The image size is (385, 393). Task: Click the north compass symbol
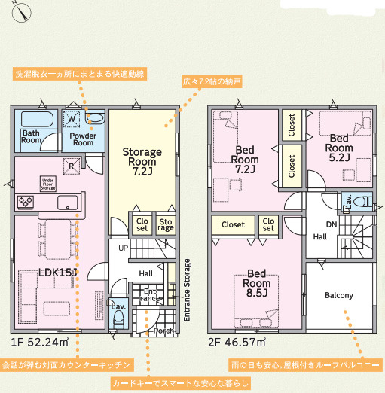tap(22, 12)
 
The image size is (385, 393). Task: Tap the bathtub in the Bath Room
tap(37, 119)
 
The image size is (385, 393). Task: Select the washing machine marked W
tap(72, 119)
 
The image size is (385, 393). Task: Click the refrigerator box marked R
tap(72, 166)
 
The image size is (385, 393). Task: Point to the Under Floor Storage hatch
tap(48, 184)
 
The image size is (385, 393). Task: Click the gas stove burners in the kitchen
tap(26, 202)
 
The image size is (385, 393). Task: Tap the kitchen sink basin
tap(67, 203)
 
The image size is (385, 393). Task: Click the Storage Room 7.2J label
tap(142, 161)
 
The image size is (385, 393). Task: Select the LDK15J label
tap(57, 272)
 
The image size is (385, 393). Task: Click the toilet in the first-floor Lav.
tap(119, 318)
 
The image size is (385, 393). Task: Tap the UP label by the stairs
tap(123, 248)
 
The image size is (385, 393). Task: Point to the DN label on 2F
tap(332, 224)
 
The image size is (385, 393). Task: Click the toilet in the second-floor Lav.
tap(362, 201)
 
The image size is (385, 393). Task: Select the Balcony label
tap(339, 295)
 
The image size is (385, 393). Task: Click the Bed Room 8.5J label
tap(257, 283)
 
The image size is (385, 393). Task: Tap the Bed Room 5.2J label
tap(339, 148)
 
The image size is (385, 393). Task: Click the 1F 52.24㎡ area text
tap(40, 342)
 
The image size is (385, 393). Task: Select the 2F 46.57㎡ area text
tap(237, 342)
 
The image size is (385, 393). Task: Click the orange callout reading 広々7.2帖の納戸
tap(212, 81)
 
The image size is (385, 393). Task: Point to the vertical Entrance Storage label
tap(187, 290)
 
